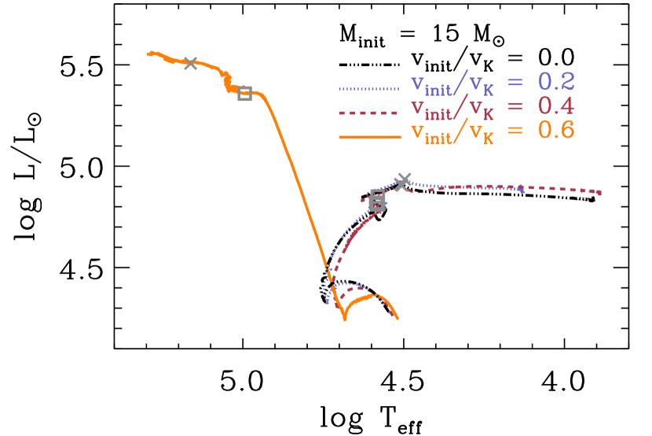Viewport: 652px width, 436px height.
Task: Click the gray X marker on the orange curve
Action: coord(190,64)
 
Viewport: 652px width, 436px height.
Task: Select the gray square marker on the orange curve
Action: coord(244,94)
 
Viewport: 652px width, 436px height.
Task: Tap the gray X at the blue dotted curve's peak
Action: coord(402,182)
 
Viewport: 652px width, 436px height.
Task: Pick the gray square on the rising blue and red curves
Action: coord(377,201)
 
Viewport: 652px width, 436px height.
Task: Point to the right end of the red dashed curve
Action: coord(600,193)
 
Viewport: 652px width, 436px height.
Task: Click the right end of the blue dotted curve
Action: coord(523,190)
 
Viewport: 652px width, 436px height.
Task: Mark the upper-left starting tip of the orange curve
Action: coord(148,54)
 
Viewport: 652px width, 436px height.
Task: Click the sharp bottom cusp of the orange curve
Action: coord(344,320)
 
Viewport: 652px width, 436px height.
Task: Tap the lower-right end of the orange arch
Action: coord(398,319)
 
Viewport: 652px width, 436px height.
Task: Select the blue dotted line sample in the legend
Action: coord(369,89)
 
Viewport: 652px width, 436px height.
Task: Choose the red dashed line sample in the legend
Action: coord(369,113)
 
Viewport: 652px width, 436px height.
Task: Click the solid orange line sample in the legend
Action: coord(369,137)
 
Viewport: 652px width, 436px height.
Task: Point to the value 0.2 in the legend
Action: coord(556,83)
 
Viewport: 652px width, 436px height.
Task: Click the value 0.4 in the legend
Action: coord(556,106)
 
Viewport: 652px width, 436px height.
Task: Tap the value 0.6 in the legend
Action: coord(556,131)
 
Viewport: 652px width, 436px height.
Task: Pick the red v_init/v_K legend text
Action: coord(453,109)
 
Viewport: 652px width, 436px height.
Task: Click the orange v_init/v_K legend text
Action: coord(453,133)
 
